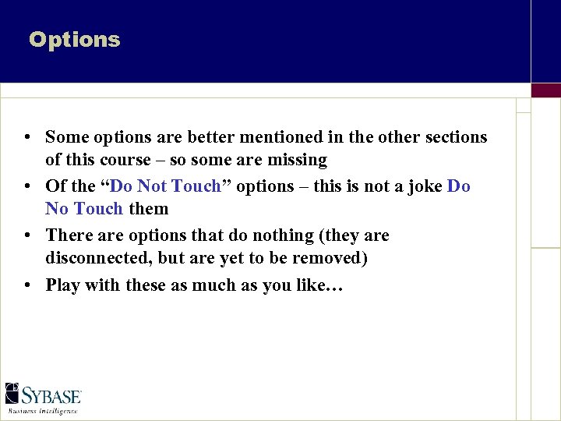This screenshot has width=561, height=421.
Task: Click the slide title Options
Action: pyautogui.click(x=75, y=40)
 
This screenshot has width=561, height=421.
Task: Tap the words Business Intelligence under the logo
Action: pyautogui.click(x=44, y=409)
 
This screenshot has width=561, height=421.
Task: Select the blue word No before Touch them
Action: pyautogui.click(x=57, y=209)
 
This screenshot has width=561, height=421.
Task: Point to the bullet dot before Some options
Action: pyautogui.click(x=27, y=138)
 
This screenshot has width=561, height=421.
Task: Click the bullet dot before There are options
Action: pyautogui.click(x=27, y=236)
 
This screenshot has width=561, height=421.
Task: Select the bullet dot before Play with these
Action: pyautogui.click(x=27, y=286)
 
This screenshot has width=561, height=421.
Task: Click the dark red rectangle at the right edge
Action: pyautogui.click(x=545, y=90)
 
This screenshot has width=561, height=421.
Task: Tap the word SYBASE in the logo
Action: pyautogui.click(x=52, y=394)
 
